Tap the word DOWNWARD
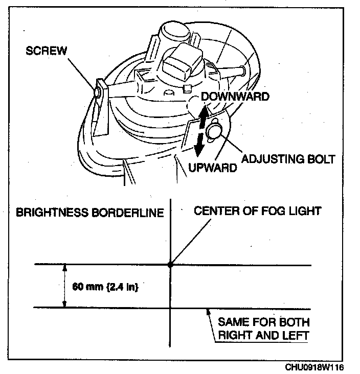235,97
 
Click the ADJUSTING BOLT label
288,159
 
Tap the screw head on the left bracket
97,92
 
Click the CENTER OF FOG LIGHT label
257,211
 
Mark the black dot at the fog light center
170,265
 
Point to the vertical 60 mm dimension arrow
64,286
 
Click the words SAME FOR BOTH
263,322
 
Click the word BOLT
321,159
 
